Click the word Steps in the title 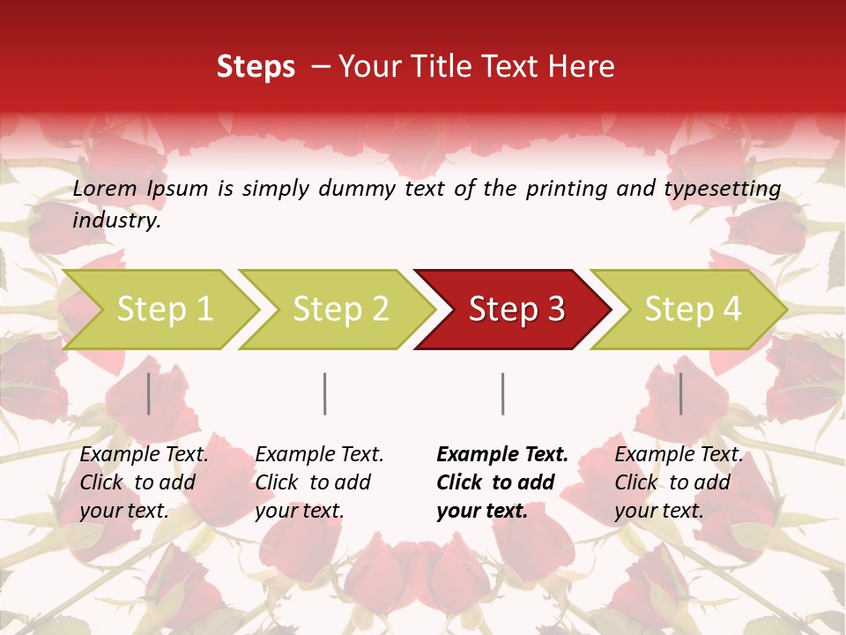(256, 67)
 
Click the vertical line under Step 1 (149, 393)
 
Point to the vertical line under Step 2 (325, 393)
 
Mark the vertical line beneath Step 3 (503, 393)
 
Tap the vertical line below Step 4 (681, 393)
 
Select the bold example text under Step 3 (502, 482)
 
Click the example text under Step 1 (144, 482)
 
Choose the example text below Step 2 (319, 482)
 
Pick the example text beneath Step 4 (679, 482)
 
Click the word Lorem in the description (105, 189)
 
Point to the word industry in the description (116, 220)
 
